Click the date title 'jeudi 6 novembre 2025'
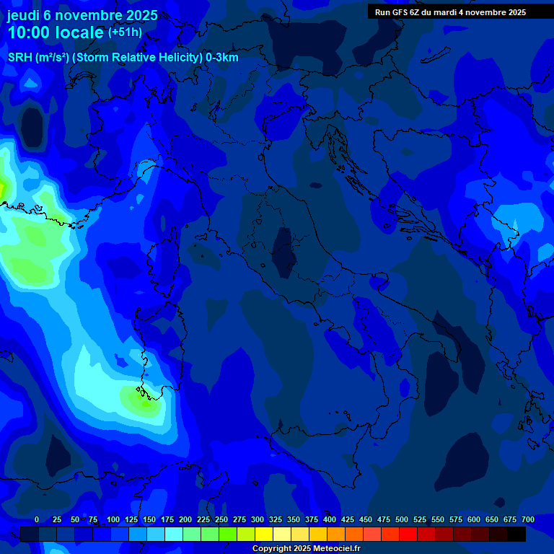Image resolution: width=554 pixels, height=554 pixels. coord(82,15)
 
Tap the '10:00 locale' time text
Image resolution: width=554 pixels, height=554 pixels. coord(56,32)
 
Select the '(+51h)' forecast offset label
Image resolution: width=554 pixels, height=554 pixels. coord(125,32)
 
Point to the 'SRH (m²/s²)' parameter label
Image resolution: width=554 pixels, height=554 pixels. coord(38,58)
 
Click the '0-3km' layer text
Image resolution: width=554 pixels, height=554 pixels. coord(222,58)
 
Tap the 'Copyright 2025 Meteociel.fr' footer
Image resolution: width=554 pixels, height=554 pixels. coord(306,549)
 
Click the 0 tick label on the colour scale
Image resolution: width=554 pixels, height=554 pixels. coord(37,519)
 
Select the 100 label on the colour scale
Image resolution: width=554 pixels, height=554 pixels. coord(113,519)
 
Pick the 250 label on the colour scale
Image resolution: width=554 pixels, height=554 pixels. coord(221,519)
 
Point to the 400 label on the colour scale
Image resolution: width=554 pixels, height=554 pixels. coord(330,519)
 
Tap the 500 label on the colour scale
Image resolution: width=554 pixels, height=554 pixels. coord(402,519)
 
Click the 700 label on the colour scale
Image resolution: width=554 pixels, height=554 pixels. coord(528,519)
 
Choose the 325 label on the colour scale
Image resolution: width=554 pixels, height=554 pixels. coord(276,519)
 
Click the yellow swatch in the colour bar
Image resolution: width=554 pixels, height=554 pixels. coord(264,534)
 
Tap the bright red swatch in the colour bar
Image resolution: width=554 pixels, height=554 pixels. coord(408,534)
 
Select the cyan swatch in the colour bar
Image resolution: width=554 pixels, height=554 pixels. coord(174,534)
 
